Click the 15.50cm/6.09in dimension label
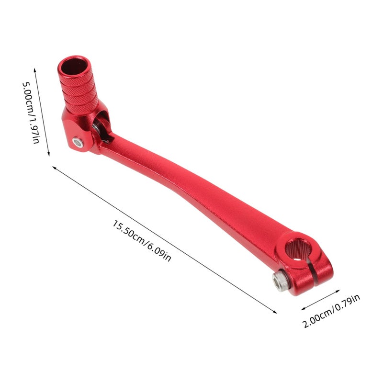(142, 241)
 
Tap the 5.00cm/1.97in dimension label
(31, 113)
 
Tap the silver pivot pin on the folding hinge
(78, 142)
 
